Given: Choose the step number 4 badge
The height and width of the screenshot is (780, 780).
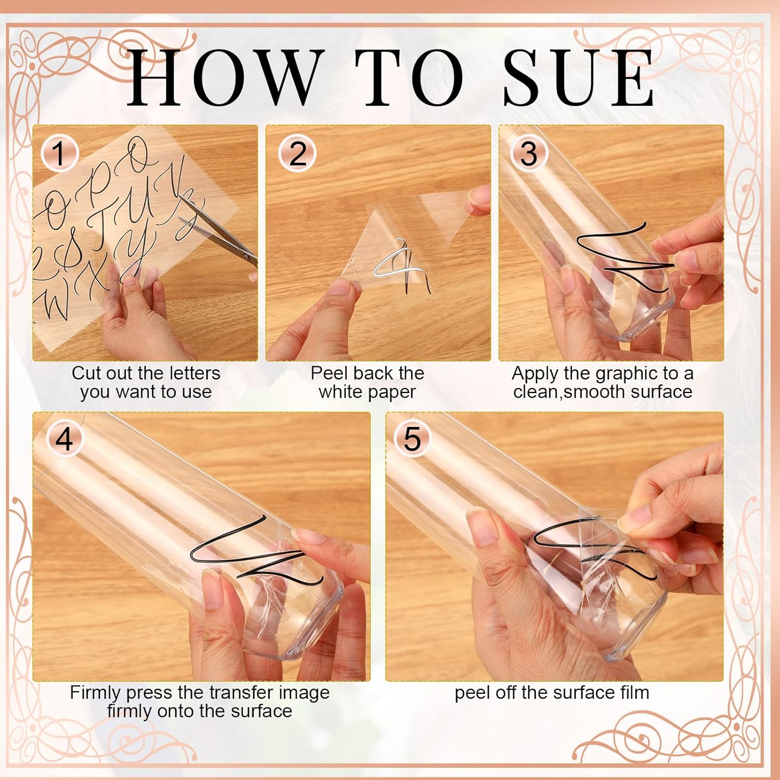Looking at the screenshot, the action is pyautogui.click(x=64, y=439).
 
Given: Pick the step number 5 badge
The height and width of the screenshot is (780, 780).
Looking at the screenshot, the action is pyautogui.click(x=412, y=439).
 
